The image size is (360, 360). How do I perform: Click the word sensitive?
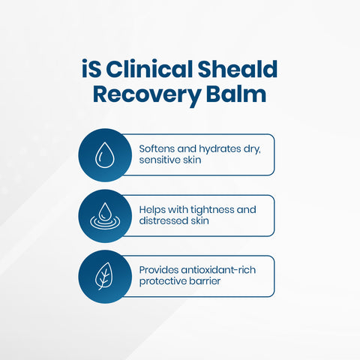pyautogui.click(x=161, y=161)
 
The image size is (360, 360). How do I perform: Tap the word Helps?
pyautogui.click(x=153, y=209)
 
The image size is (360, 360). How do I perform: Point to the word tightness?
pyautogui.click(x=209, y=209)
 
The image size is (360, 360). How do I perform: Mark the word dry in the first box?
pyautogui.click(x=251, y=148)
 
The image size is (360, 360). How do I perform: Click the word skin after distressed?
pyautogui.click(x=203, y=222)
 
